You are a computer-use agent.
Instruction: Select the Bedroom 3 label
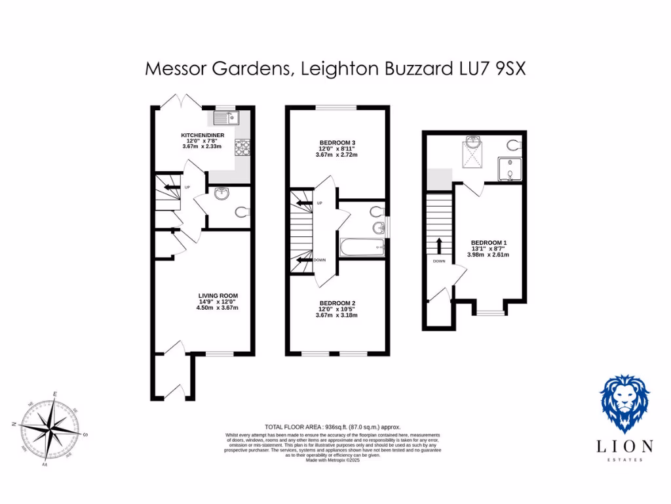337,142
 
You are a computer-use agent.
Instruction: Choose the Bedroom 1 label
489,243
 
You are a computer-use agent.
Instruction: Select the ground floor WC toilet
242,212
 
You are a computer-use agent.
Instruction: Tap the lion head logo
625,403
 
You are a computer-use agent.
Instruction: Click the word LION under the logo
625,446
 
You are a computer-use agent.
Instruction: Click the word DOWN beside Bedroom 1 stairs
439,261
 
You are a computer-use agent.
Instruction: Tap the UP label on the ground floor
187,188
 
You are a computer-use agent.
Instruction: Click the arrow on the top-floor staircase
439,245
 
